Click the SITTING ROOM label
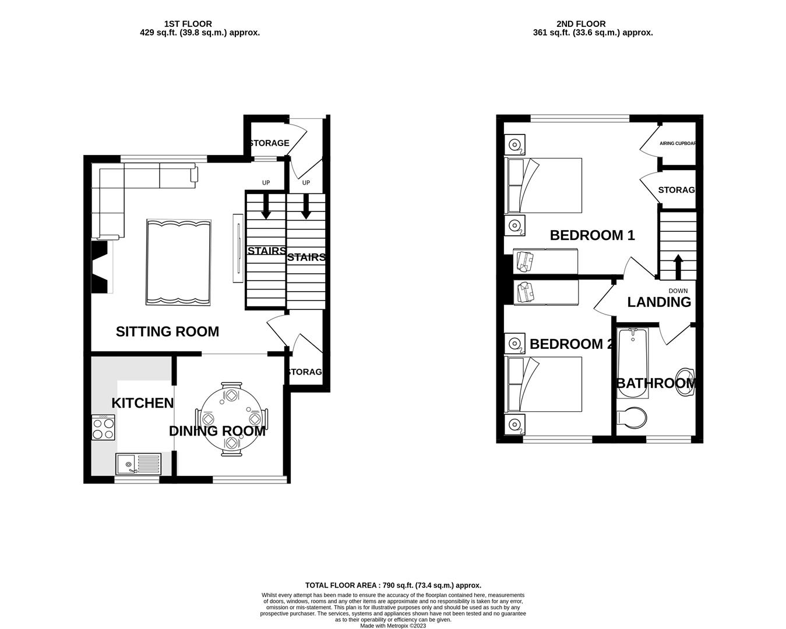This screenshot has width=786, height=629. (167, 331)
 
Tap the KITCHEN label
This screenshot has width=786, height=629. (142, 403)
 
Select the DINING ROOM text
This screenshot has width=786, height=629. (217, 431)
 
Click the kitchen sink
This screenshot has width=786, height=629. (138, 464)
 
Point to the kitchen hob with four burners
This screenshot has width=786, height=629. (104, 428)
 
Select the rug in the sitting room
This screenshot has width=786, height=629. (178, 262)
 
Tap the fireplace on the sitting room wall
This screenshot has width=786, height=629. (100, 268)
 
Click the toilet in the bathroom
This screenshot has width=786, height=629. (632, 418)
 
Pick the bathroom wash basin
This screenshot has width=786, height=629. (687, 381)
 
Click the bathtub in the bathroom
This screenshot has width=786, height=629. (632, 363)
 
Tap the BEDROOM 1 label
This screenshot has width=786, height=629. (592, 235)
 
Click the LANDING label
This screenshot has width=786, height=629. (659, 302)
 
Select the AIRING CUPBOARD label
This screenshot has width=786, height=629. (678, 143)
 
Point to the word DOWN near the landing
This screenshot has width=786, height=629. (678, 291)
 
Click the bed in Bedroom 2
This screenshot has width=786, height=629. (544, 384)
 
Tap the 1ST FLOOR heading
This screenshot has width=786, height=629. (188, 24)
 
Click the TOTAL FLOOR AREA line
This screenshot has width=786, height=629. (393, 585)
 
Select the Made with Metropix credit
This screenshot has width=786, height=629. (393, 626)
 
